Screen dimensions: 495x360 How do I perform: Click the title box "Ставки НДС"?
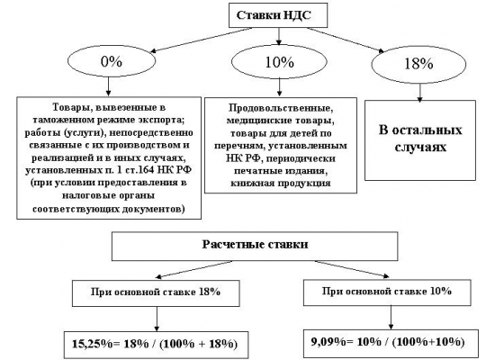(278, 15)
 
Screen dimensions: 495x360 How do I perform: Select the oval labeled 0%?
(112, 61)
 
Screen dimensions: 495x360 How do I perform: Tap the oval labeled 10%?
(279, 62)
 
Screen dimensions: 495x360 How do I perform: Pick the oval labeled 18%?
(418, 64)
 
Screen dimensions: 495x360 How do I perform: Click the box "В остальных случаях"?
(420, 140)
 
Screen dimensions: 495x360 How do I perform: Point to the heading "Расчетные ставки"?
(255, 245)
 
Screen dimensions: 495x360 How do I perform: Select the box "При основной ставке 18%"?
(156, 293)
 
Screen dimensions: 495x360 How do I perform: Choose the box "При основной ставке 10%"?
(387, 292)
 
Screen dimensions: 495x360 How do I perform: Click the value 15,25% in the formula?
(92, 344)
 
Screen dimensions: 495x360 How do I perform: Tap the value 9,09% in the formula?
(328, 342)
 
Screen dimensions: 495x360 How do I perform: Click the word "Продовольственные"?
(280, 108)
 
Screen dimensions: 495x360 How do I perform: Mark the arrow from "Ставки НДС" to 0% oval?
(202, 40)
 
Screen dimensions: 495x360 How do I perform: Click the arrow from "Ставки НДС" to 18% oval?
(346, 40)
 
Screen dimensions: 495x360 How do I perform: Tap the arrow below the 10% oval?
(279, 87)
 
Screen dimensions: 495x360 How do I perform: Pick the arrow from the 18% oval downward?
(419, 93)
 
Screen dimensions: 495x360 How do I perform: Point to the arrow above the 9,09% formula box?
(391, 318)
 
